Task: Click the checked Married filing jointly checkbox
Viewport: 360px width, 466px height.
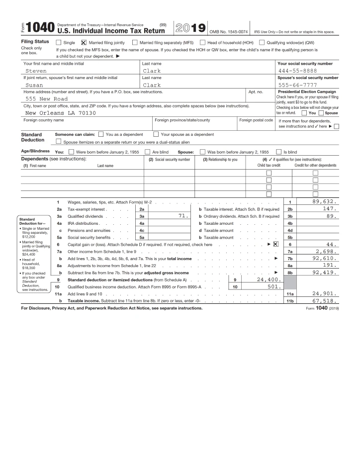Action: tap(84, 43)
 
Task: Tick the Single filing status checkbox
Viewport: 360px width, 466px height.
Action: tap(59, 43)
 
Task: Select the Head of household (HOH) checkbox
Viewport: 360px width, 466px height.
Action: tap(202, 43)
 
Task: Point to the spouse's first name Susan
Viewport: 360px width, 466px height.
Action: tap(34, 85)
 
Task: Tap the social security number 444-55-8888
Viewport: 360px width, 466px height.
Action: tap(297, 71)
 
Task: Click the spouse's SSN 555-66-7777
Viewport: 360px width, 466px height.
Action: tap(297, 85)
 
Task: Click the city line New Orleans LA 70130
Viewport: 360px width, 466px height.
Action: tap(60, 113)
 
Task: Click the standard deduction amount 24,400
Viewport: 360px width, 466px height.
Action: tap(269, 280)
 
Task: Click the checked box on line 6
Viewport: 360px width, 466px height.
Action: tap(275, 244)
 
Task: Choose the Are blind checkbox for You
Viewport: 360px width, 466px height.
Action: tap(148, 152)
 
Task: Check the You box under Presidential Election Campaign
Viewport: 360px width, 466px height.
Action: tap(304, 113)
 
